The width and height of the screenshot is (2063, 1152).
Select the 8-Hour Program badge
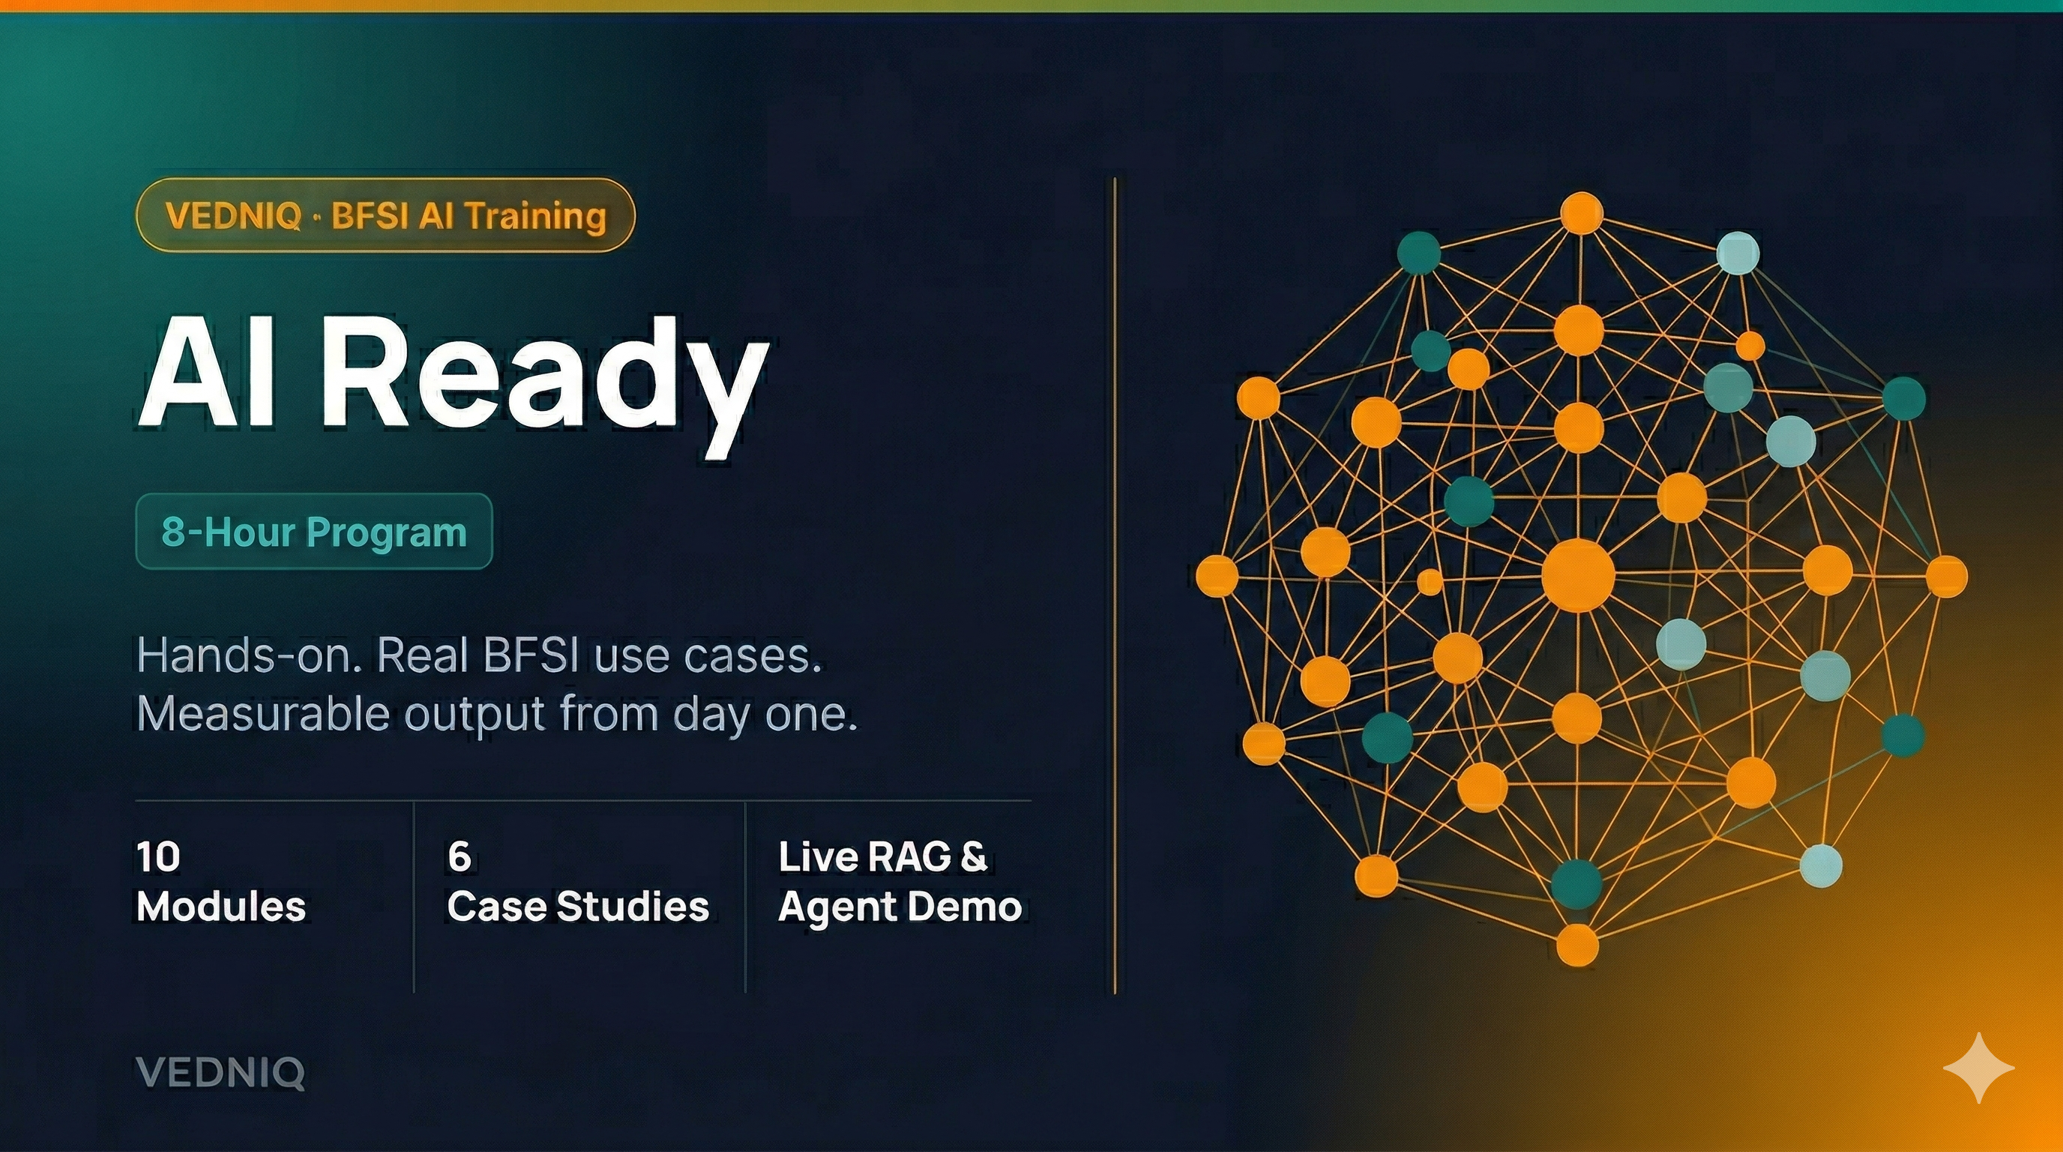(314, 532)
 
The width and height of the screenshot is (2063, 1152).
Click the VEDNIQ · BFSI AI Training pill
(385, 215)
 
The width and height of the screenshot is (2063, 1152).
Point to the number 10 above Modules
(157, 857)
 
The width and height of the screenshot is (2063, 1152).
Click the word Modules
(221, 907)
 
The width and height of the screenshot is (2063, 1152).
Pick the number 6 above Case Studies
(459, 857)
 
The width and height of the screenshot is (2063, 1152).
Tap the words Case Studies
(578, 907)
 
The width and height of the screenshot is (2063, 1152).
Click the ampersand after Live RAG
(974, 857)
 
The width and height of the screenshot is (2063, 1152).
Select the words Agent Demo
(900, 907)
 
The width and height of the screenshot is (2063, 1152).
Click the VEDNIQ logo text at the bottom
(220, 1072)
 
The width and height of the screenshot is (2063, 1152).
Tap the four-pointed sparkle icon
(1979, 1068)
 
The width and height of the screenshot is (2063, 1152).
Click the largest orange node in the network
(1578, 575)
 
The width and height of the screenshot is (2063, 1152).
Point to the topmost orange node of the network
(1582, 213)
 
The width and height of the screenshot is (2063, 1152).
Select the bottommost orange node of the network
(1578, 945)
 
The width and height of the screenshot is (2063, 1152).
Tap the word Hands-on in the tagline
(244, 656)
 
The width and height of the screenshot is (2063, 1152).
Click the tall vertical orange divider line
(1114, 585)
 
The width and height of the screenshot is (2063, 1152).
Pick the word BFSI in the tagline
(531, 656)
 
